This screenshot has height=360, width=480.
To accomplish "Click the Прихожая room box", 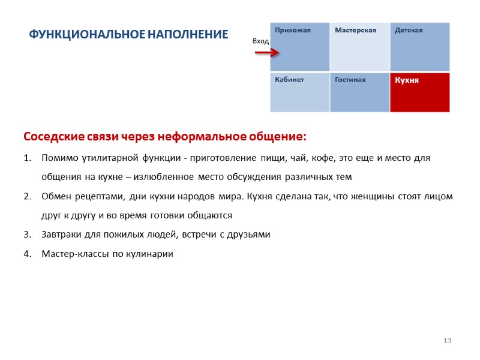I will (x=299, y=47).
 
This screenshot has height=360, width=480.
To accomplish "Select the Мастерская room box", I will (x=359, y=47).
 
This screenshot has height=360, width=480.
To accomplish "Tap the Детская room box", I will (x=419, y=47).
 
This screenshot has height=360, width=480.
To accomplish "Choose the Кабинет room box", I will (x=299, y=92).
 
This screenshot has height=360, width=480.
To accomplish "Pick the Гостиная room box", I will (x=359, y=92).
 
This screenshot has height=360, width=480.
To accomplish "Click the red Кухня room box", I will (x=419, y=92).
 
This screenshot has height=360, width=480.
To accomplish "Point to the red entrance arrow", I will (x=267, y=53).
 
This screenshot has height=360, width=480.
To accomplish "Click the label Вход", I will (x=260, y=41).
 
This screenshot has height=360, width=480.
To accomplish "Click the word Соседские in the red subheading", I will (x=52, y=137).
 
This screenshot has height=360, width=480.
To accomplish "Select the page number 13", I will (x=446, y=341).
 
